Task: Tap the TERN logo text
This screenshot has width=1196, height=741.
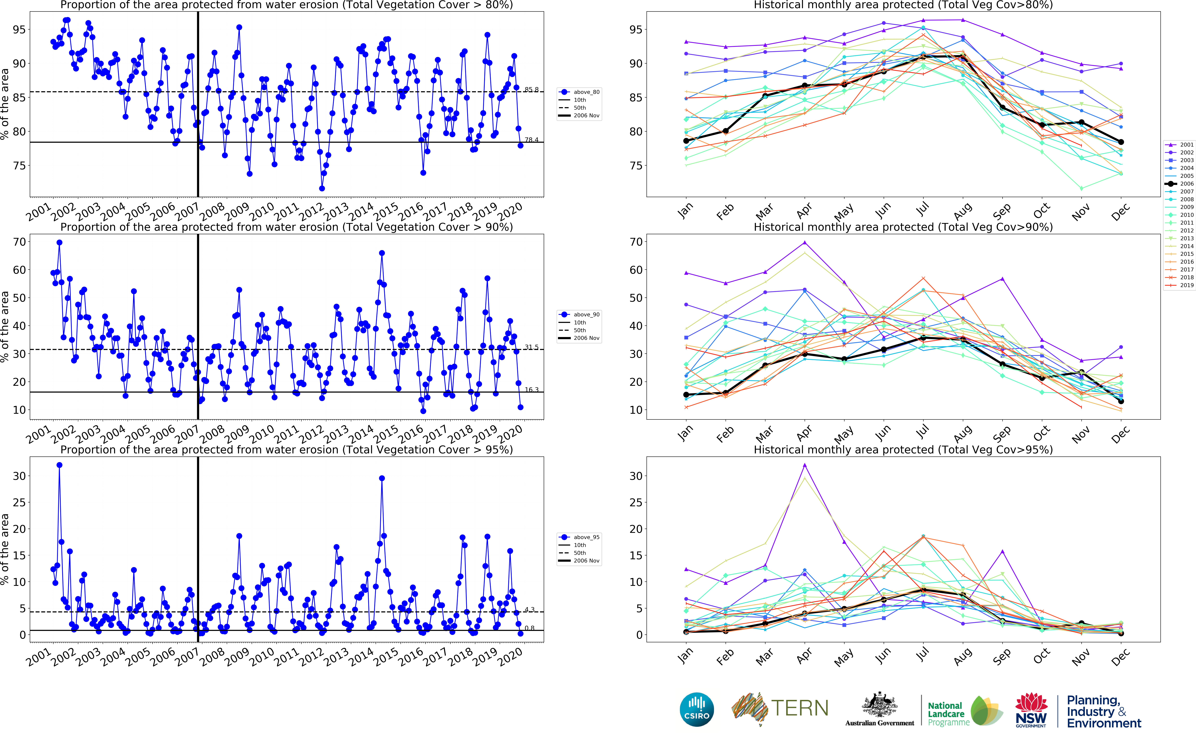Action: [800, 708]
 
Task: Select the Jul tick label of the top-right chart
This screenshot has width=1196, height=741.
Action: [922, 210]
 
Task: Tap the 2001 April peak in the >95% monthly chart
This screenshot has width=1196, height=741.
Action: [804, 465]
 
